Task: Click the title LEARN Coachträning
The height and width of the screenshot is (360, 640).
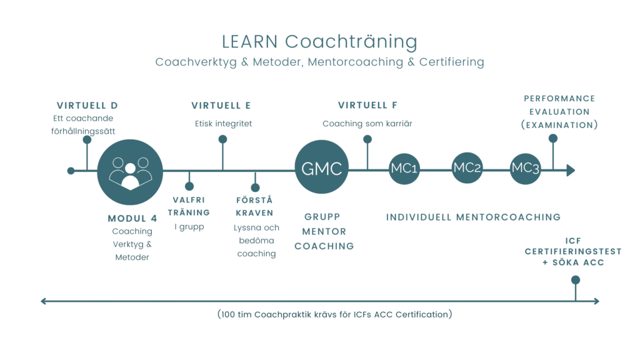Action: point(319,42)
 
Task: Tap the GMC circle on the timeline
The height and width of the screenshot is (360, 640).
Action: point(321,167)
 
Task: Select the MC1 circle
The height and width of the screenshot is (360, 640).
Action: point(404,169)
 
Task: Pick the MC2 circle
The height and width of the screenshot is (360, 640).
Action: point(467,168)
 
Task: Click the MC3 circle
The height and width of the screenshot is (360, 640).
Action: point(525,169)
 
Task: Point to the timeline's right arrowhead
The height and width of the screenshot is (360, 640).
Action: point(570,170)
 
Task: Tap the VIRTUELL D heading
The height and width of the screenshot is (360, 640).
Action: point(87,105)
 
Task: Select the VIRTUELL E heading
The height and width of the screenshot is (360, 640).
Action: point(221,105)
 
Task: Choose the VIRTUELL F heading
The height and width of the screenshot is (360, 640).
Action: point(367,105)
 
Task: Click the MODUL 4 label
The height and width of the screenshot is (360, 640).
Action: point(132,218)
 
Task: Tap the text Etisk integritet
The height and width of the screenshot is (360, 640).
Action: point(223,124)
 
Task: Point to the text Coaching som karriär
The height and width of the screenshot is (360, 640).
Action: point(367,124)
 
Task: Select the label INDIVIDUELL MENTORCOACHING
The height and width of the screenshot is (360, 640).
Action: point(473,217)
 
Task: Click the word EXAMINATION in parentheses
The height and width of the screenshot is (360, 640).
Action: point(560,125)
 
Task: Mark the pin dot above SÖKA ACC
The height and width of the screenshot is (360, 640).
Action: point(576,279)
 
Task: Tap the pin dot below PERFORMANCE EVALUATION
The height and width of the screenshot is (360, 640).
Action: point(553,139)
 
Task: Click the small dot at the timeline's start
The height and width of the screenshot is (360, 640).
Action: point(71,171)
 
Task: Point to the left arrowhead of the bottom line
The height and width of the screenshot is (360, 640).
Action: point(44,301)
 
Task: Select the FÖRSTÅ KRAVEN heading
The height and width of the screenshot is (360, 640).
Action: point(255,206)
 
